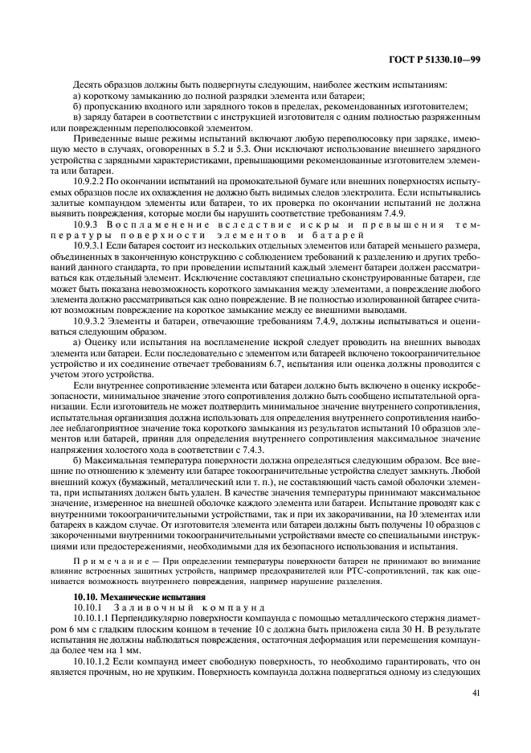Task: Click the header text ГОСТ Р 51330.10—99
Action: click(446, 60)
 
